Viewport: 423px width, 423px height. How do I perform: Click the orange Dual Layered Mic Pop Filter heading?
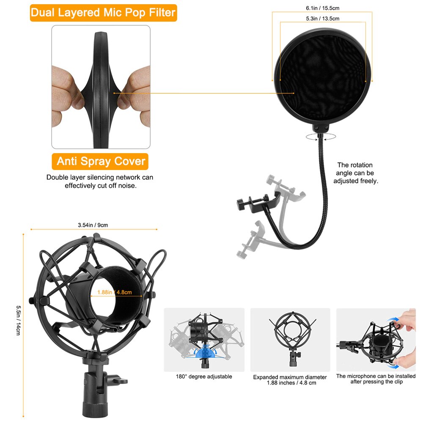pyautogui.click(x=103, y=13)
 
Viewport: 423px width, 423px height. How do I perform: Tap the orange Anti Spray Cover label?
pyautogui.click(x=101, y=161)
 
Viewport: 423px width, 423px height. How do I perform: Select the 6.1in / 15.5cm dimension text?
pyautogui.click(x=322, y=8)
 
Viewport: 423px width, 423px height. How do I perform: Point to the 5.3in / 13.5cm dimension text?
pyautogui.click(x=322, y=19)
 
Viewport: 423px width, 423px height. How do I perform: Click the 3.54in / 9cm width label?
pyautogui.click(x=93, y=225)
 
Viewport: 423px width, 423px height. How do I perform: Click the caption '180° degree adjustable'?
pyautogui.click(x=204, y=376)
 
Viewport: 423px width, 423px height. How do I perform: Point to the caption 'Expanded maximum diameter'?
pyautogui.click(x=290, y=377)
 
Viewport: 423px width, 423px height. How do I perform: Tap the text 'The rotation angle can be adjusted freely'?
pyautogui.click(x=355, y=173)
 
